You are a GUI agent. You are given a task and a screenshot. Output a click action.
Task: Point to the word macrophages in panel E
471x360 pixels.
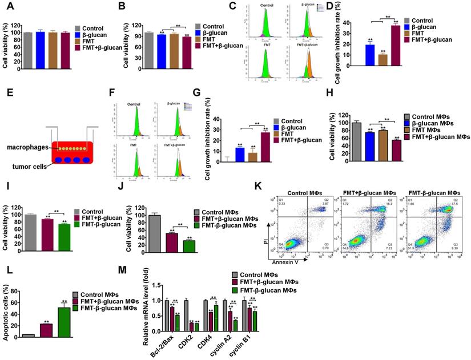27,147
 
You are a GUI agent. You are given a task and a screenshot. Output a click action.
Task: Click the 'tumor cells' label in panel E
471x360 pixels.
29,167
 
